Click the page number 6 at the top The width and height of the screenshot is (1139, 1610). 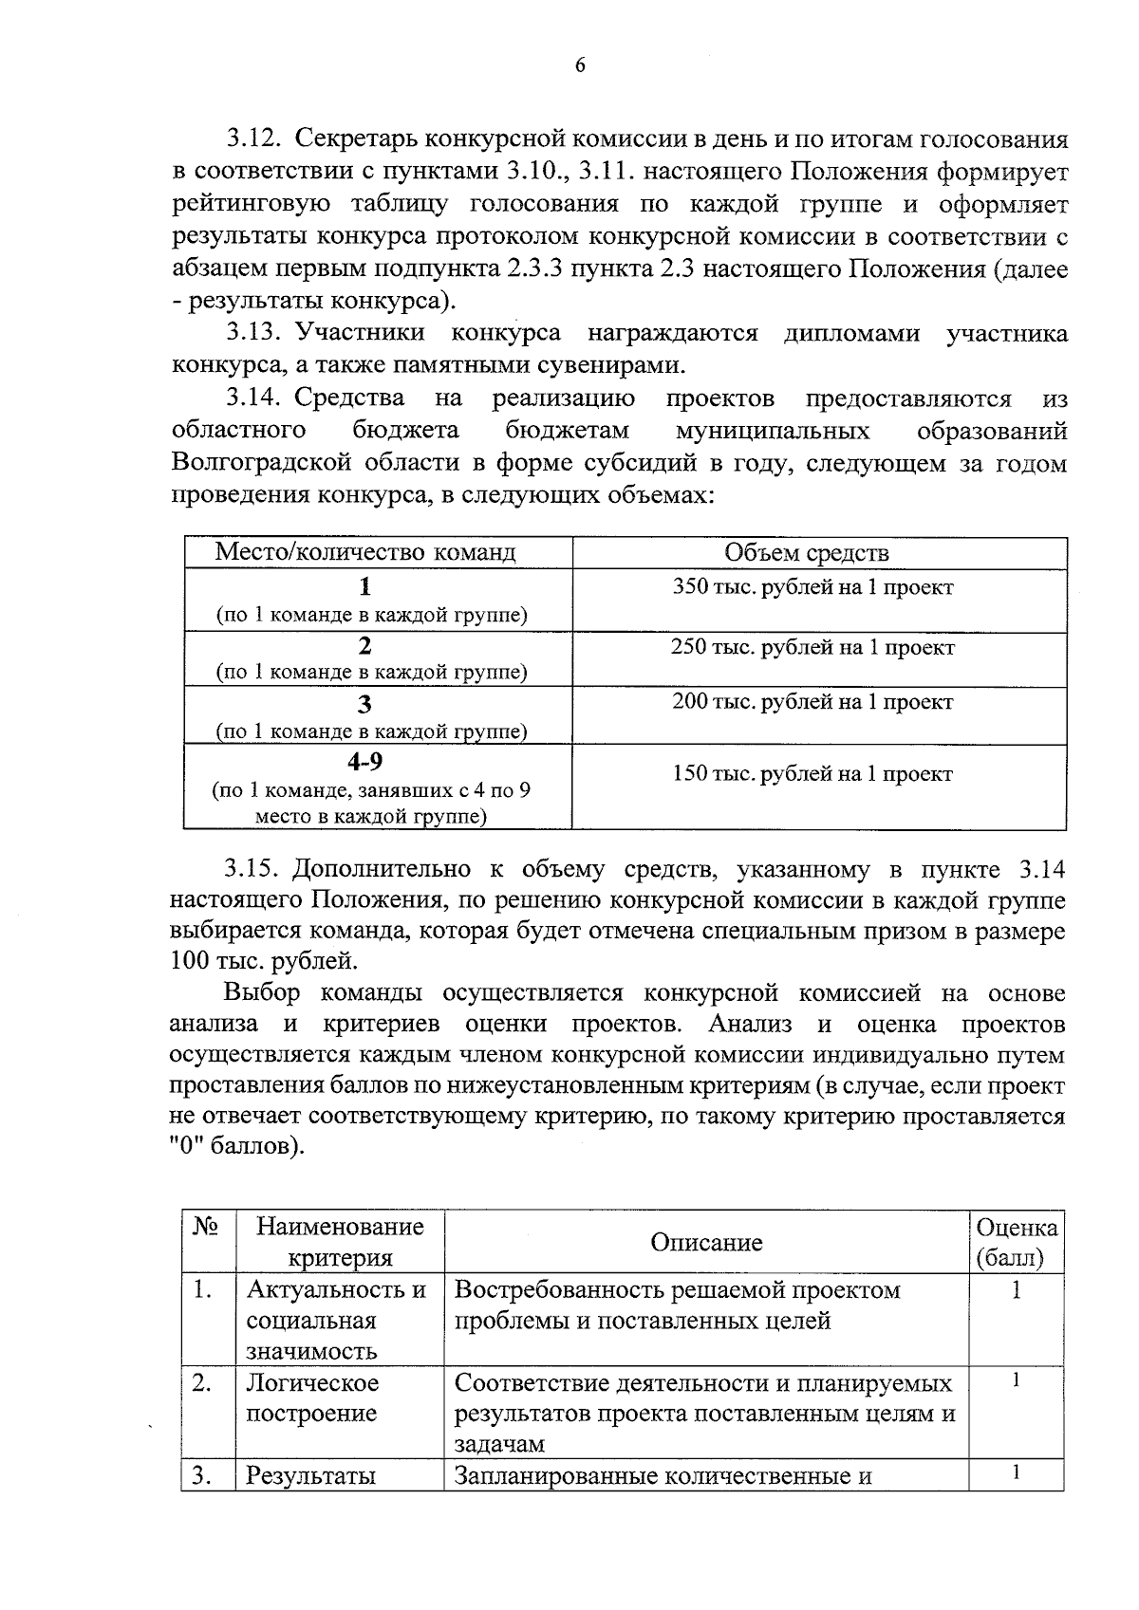[x=580, y=65]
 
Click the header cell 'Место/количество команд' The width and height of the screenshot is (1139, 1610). [x=365, y=553]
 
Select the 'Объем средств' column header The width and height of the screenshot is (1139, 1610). [x=807, y=553]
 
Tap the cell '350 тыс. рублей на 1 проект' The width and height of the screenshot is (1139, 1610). [x=812, y=587]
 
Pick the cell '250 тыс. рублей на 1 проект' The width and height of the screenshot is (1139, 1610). [x=812, y=648]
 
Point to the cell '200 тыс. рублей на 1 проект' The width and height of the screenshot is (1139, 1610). [x=812, y=703]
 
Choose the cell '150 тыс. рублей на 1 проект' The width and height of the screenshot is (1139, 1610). [x=812, y=774]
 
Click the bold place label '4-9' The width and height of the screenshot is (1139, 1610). [x=365, y=761]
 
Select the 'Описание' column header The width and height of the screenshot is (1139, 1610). [x=706, y=1244]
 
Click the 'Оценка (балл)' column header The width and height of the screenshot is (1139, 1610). [x=1016, y=1244]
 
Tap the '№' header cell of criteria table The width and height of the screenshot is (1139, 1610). [x=206, y=1228]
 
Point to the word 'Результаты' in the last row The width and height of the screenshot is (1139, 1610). [x=310, y=1476]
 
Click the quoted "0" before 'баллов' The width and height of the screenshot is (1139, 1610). [x=185, y=1146]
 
